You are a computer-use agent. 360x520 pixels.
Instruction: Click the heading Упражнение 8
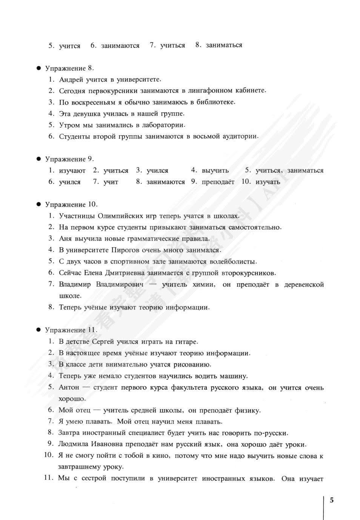tap(69, 68)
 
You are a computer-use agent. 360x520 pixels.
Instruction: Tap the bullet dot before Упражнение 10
tap(38, 204)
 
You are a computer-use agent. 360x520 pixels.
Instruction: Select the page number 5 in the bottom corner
tap(332, 500)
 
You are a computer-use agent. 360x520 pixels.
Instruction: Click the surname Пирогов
tap(125, 250)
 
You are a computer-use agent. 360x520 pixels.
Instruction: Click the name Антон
tap(69, 387)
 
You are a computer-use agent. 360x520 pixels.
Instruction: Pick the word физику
tap(248, 410)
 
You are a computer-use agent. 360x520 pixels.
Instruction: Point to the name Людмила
tap(74, 444)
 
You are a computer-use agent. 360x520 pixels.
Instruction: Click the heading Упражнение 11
tap(71, 330)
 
